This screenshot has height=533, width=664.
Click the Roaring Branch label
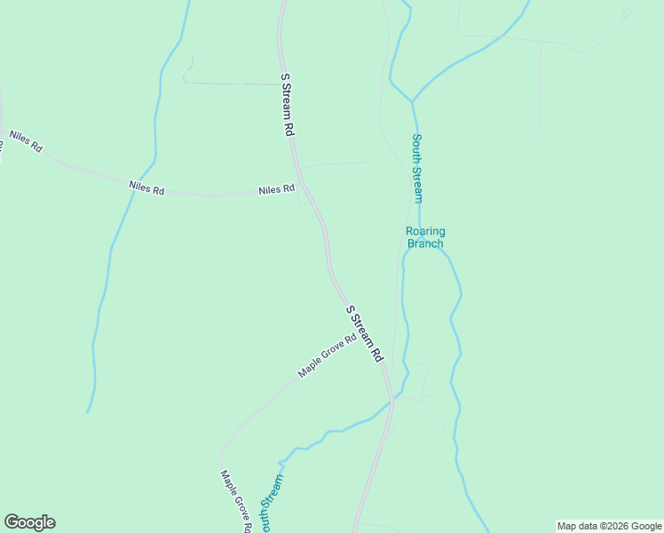[x=425, y=237]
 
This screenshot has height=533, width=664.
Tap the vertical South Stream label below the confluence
[x=416, y=168]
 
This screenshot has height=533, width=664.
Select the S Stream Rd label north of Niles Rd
[x=287, y=104]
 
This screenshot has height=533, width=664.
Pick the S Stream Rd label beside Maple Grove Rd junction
[x=364, y=333]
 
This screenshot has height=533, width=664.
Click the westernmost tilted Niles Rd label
[x=26, y=141]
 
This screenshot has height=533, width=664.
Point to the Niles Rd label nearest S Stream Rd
[x=276, y=189]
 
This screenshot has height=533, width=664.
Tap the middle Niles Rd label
[x=146, y=187]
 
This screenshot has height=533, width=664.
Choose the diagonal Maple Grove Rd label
[x=327, y=355]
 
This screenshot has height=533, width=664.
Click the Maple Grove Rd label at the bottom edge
[x=236, y=502]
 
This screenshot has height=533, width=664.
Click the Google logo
[x=29, y=522]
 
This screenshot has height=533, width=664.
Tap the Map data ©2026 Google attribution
[x=609, y=526]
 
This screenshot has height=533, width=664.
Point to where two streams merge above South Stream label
[x=412, y=100]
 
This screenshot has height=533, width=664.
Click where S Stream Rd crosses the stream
[x=390, y=402]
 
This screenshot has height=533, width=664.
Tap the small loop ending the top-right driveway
[x=627, y=12]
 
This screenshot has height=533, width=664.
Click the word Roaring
[x=425, y=231]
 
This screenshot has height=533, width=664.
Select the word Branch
[x=425, y=243]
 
